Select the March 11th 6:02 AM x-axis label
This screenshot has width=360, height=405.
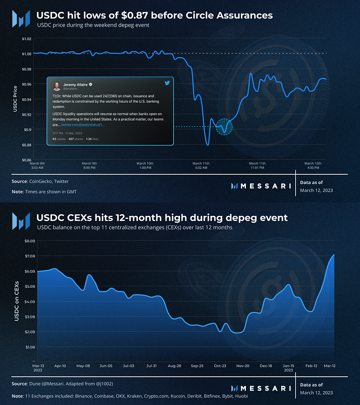coord(201,165)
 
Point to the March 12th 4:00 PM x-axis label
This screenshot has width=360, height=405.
coord(313,165)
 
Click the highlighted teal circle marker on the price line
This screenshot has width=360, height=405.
coord(224,125)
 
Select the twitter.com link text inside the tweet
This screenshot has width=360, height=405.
coord(83,125)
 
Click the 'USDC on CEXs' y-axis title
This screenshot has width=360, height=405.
coord(16,301)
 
